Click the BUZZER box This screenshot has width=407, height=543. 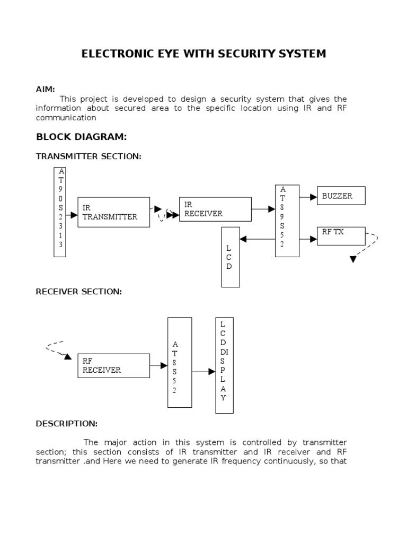pyautogui.click(x=341, y=196)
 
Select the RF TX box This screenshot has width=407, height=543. pyautogui.click(x=341, y=236)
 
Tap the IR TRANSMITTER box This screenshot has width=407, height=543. pyautogui.click(x=113, y=212)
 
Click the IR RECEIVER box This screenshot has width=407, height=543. pyautogui.click(x=215, y=209)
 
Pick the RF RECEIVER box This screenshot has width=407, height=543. pyautogui.click(x=113, y=366)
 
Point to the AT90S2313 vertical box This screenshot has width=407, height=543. pyautogui.click(x=60, y=212)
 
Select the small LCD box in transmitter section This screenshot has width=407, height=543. pyautogui.click(x=231, y=257)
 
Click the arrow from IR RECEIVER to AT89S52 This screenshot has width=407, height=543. pyautogui.click(x=263, y=209)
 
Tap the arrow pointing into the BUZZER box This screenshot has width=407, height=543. pyautogui.click(x=308, y=196)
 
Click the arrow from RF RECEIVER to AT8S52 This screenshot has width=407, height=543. pyautogui.click(x=158, y=366)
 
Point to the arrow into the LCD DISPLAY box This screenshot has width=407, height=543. pyautogui.click(x=203, y=372)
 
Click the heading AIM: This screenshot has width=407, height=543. pyautogui.click(x=45, y=90)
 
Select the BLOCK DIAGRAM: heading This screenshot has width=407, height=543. pyautogui.click(x=81, y=137)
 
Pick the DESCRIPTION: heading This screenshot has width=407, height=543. pyautogui.click(x=66, y=424)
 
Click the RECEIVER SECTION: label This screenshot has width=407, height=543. pyautogui.click(x=78, y=292)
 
